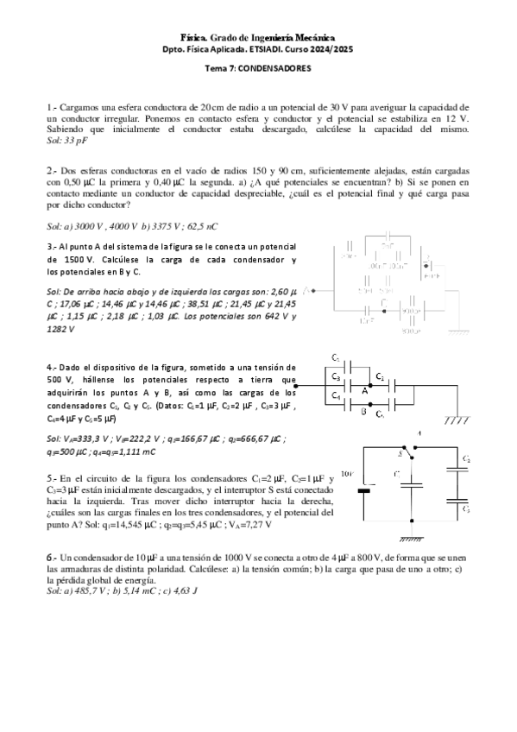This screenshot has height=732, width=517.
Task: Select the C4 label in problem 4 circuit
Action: click(x=337, y=395)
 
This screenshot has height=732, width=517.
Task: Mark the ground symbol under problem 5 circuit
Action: click(x=412, y=537)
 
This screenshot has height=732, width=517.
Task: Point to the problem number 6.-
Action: click(x=52, y=558)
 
